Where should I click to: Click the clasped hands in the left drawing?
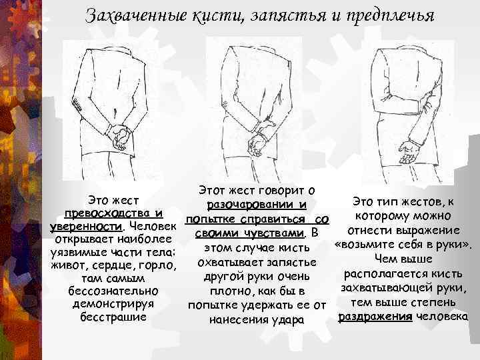point(120,135)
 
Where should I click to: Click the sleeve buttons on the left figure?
point(79,103)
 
